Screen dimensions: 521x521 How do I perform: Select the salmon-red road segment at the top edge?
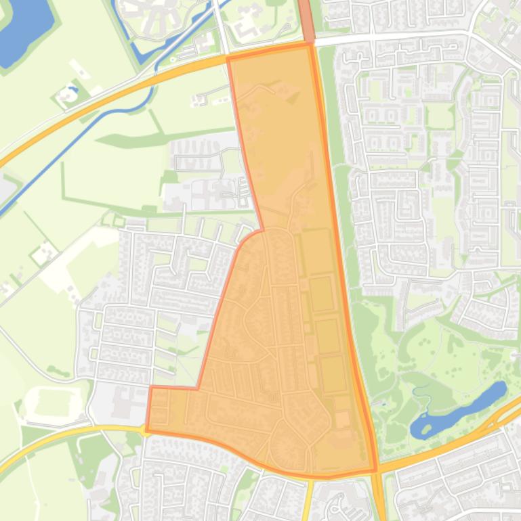(x=306, y=20)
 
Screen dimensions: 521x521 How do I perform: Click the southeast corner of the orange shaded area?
(x=375, y=470)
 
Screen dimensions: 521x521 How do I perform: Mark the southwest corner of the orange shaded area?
(x=147, y=430)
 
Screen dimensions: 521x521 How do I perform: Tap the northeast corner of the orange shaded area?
(x=311, y=45)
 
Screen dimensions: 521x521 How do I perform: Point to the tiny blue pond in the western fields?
(x=72, y=89)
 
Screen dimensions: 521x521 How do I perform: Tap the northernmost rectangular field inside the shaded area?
(x=314, y=250)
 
